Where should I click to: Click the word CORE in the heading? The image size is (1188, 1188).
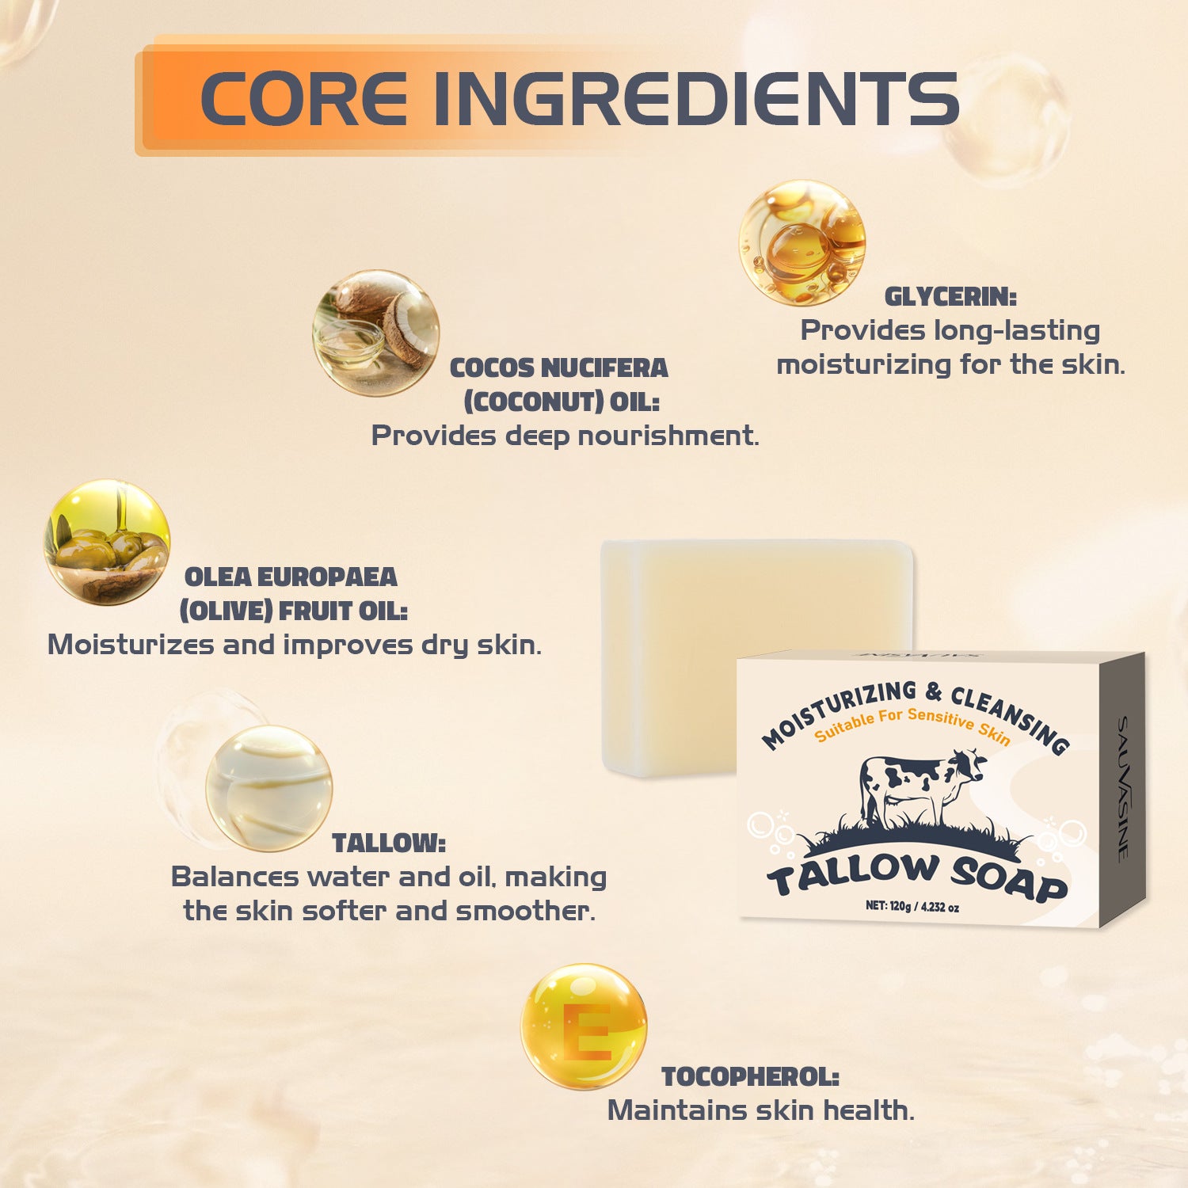304,99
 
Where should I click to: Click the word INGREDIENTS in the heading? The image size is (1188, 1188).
696,99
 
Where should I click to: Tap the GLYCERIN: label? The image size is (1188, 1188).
950,297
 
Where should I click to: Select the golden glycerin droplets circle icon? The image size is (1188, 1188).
802,242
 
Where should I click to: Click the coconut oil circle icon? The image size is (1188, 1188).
375,333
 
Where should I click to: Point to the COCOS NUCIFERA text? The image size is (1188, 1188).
559,367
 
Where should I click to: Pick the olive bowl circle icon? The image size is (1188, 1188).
107,543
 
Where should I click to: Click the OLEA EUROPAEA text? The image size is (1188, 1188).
291,577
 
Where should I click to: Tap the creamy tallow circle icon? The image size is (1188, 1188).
268,788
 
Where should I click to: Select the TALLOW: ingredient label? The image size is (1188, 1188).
388,843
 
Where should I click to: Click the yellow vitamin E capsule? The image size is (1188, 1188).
584,1026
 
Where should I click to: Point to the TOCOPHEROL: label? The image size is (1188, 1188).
750,1077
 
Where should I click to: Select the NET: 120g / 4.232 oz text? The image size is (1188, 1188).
912,906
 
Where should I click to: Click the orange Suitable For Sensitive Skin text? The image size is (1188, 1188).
912,725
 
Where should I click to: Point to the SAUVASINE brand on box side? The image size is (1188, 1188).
1123,788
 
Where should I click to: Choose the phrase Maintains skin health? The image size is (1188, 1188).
760,1110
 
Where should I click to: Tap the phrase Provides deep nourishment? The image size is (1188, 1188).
565,436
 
